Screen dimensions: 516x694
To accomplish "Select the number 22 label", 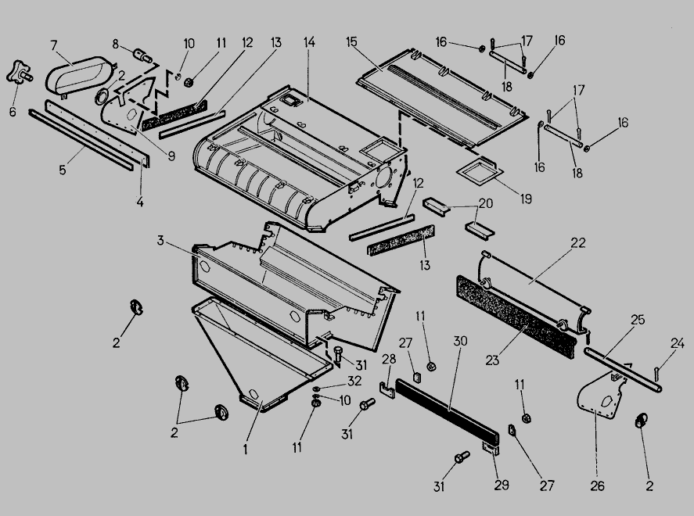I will pos(577,244).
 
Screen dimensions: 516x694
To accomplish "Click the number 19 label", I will pos(525,199).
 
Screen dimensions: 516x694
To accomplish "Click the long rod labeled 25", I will pos(622,370).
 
